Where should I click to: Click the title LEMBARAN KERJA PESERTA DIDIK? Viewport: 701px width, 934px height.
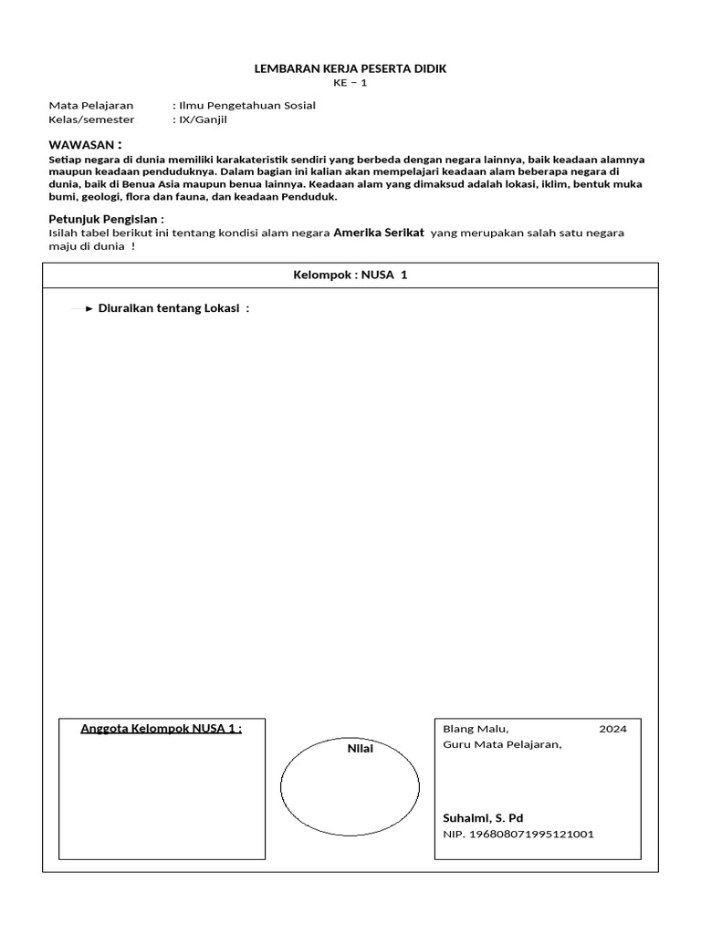point(350,69)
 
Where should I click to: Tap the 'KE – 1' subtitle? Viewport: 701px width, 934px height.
point(350,83)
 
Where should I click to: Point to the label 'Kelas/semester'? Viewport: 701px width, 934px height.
point(91,119)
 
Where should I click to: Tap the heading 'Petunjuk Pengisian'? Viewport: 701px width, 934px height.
point(105,219)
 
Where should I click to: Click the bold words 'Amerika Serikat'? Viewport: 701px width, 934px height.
point(379,233)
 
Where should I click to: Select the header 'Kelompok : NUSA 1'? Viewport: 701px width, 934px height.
point(350,275)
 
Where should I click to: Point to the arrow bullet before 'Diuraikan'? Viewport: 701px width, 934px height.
point(89,308)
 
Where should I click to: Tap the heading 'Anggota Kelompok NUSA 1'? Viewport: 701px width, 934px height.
point(161,728)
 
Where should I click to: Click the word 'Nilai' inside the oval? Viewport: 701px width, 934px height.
point(360,748)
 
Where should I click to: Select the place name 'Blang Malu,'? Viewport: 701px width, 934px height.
point(476,729)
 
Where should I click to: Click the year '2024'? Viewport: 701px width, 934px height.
point(612,729)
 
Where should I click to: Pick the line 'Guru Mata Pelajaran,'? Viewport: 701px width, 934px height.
point(502,743)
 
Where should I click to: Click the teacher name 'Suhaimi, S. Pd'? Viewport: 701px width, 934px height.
point(483,817)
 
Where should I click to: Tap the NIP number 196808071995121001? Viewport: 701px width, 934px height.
point(518,834)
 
